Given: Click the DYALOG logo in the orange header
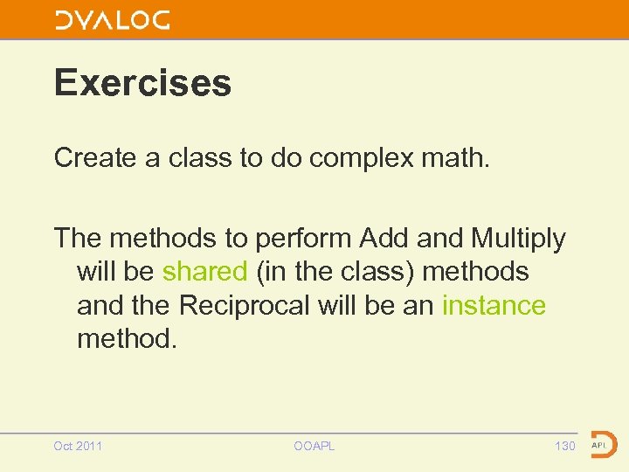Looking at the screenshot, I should coord(113,20).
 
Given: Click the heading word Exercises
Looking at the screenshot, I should coord(142,83).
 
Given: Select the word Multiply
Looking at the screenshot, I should coord(518,239).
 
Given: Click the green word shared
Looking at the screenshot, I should coord(204,272).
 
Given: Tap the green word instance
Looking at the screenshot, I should coord(494,306).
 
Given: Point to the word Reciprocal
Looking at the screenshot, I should coord(249,306).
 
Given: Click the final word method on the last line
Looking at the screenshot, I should coord(127,339).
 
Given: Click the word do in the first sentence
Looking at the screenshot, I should coord(285,158).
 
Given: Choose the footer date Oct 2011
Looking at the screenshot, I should coord(78,447).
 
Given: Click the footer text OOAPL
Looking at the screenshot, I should coord(314,447).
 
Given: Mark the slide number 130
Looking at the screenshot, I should coord(564,447).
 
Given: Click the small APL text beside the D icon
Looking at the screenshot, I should coord(599,445).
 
